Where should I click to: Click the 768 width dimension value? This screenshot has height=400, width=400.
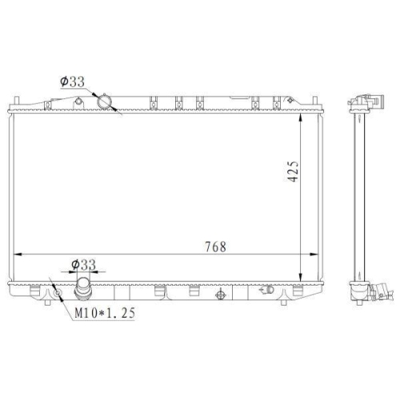(215, 247)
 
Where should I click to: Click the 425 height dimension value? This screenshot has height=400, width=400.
(294, 171)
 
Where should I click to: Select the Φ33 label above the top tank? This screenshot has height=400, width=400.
(73, 82)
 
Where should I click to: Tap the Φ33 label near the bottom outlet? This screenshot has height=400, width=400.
(84, 265)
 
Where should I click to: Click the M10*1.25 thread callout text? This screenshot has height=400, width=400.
(105, 313)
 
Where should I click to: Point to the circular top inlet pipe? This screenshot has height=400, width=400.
(104, 102)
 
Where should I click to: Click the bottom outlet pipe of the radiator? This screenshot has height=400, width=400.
(82, 289)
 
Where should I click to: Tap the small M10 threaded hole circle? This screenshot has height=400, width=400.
(58, 293)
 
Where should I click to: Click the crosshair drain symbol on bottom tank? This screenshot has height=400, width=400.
(221, 294)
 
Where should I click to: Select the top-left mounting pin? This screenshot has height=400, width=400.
(17, 101)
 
